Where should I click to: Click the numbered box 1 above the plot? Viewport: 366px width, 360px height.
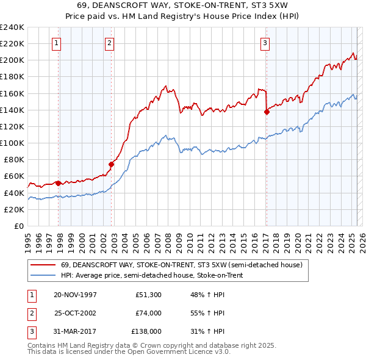point(56,43)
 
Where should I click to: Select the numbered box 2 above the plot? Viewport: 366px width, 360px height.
point(109,43)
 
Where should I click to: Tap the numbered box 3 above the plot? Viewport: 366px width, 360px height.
point(265,43)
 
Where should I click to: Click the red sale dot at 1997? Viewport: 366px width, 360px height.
point(59,183)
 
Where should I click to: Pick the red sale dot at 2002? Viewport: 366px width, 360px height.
point(112,164)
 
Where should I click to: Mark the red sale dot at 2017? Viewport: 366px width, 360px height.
point(267,111)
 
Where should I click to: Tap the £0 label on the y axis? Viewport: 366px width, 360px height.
point(19,226)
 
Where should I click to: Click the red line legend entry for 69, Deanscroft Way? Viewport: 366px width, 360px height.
point(182,265)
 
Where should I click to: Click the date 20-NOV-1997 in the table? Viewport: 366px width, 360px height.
point(76,294)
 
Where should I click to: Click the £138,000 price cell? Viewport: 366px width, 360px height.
point(146,332)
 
